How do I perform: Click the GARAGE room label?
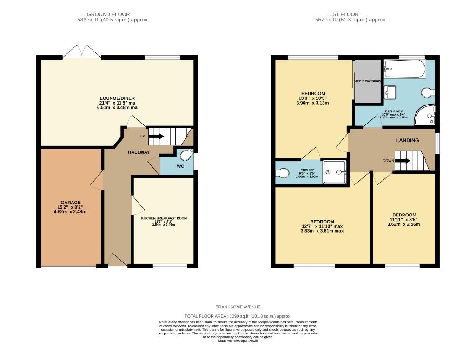69,203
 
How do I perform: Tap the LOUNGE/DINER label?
117,98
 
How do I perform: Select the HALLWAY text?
139,152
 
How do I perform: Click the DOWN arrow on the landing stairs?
403,161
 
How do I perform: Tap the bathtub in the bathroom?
404,69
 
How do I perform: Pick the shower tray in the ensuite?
335,172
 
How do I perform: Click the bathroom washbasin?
390,92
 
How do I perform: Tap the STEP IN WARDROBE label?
367,81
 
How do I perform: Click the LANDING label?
407,140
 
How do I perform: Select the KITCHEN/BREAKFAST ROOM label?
164,218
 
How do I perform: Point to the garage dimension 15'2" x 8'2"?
69,207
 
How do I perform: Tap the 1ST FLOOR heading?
351,14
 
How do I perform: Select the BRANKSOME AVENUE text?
238,307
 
